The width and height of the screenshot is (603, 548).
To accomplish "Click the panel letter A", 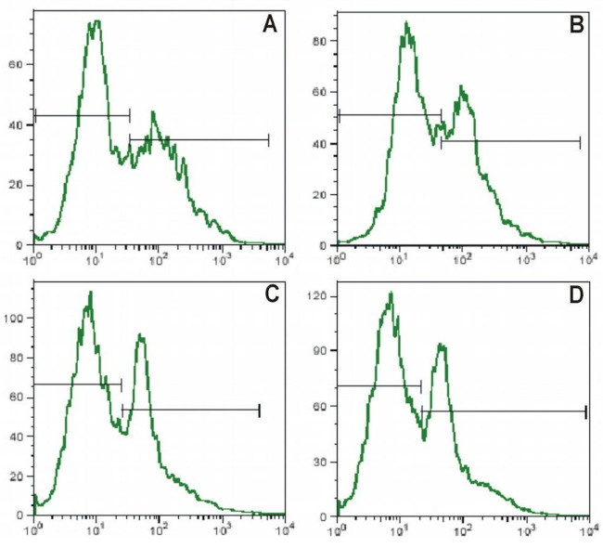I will point(270,24).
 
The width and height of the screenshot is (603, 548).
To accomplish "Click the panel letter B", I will point(574,25).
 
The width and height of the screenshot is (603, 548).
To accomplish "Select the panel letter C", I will point(272,294).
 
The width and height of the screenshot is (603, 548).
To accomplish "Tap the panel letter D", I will point(575,294).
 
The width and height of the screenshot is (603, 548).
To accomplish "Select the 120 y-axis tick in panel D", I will point(319,296).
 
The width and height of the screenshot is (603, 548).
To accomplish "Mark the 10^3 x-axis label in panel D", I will point(526,528).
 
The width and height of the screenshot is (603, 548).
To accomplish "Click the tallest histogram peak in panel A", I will point(95,21).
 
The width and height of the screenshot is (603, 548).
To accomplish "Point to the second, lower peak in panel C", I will point(141,335).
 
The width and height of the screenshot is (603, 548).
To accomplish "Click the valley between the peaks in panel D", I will point(424,437).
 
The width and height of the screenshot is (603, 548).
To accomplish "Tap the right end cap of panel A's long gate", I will point(268,139).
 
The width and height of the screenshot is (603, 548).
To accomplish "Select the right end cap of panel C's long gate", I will point(260,410).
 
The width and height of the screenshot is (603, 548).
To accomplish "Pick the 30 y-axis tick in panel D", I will point(322,461).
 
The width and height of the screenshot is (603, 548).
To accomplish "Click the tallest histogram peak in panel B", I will point(406,23).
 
